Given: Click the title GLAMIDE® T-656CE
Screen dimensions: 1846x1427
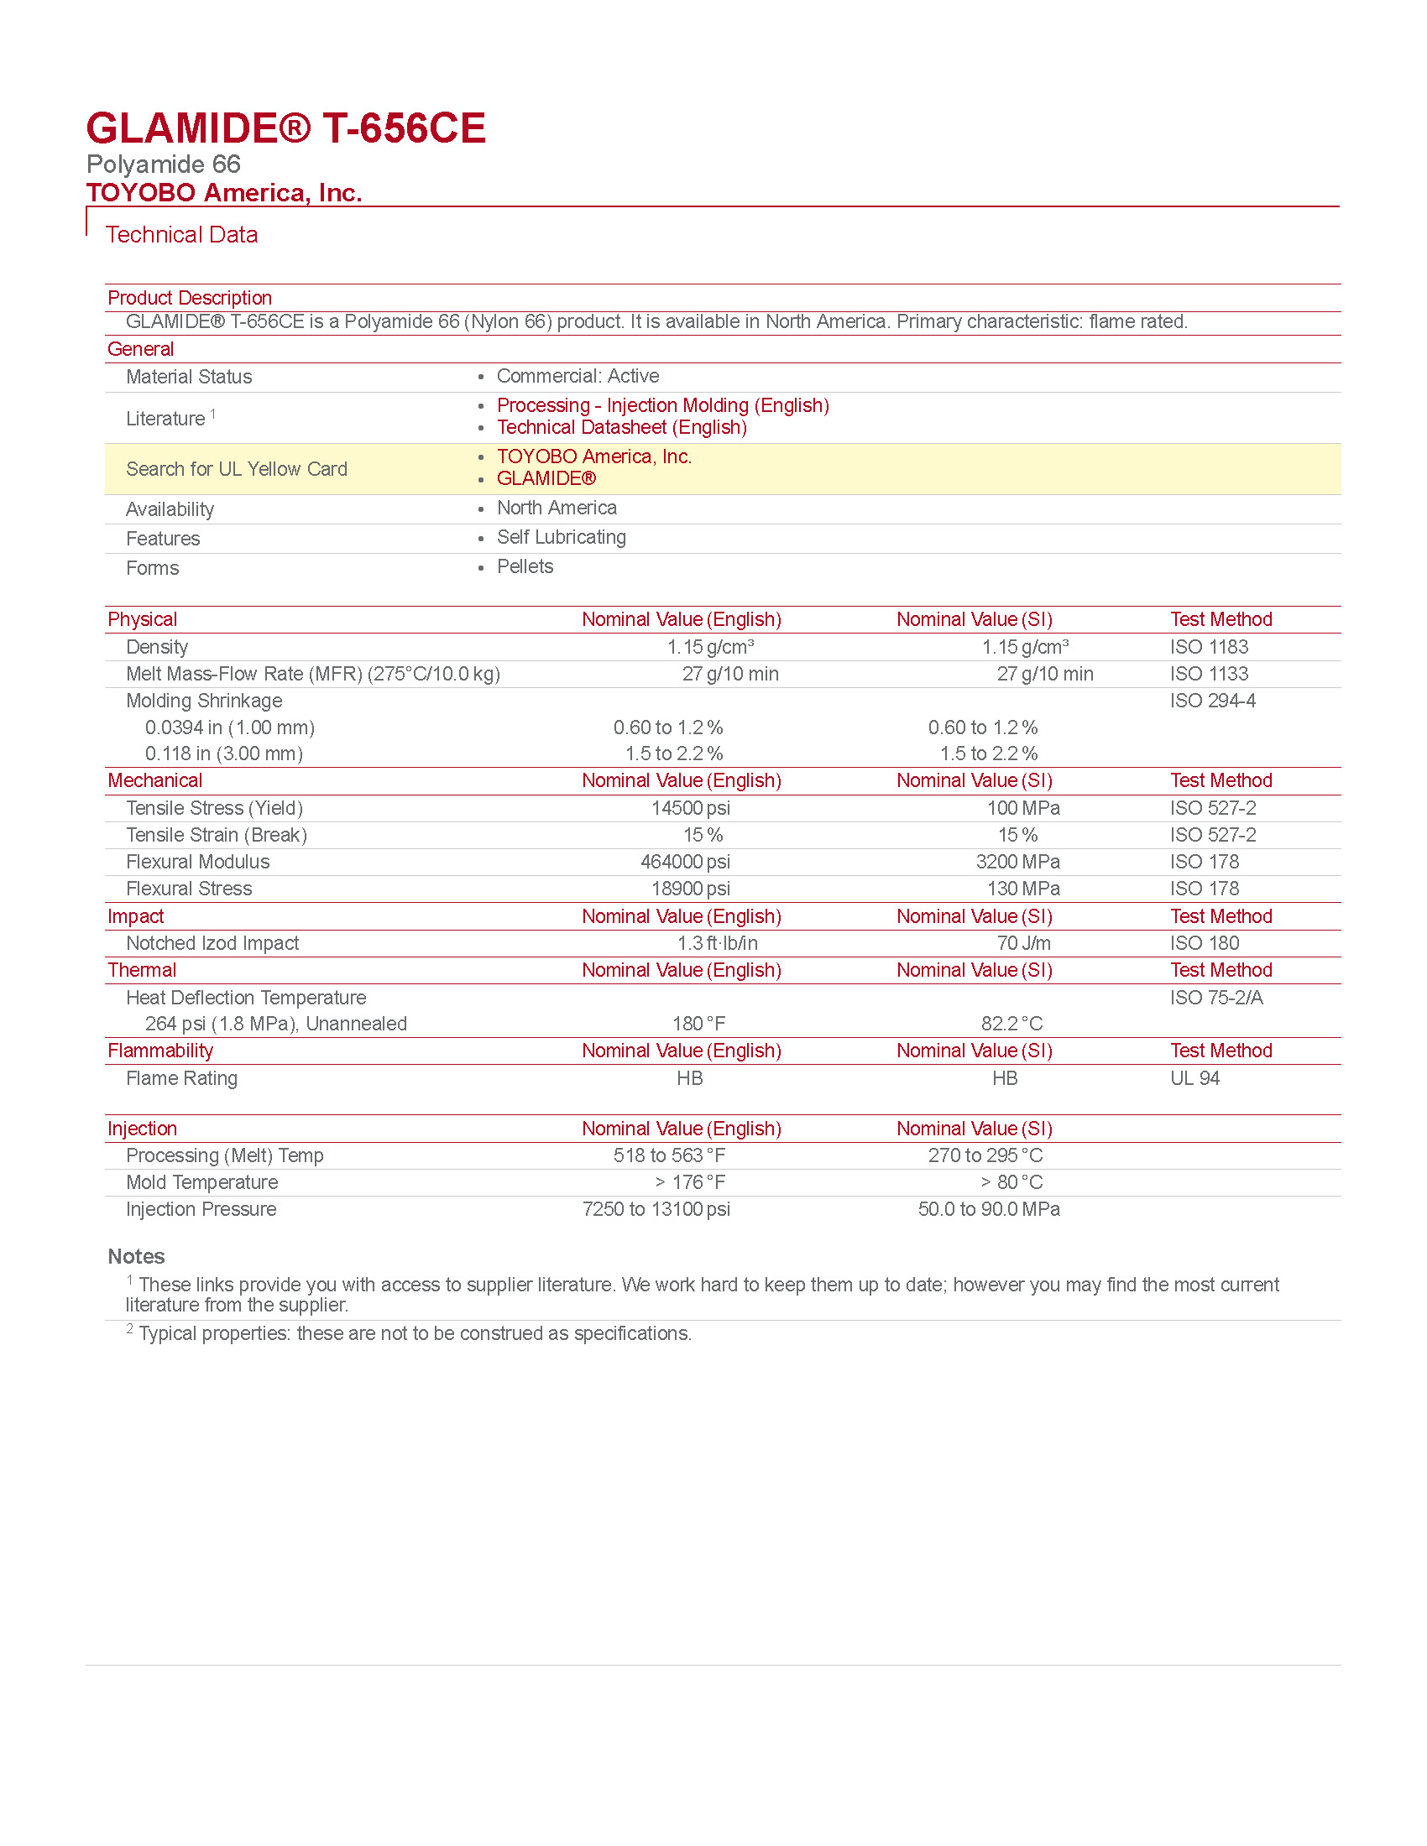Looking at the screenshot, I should (285, 128).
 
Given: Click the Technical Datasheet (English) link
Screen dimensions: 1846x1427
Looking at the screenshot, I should (621, 428).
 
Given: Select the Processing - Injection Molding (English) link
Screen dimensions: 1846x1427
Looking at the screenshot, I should (662, 406).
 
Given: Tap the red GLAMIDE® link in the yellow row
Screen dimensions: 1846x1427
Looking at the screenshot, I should (546, 478).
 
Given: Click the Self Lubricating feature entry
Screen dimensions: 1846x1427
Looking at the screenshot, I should (562, 538).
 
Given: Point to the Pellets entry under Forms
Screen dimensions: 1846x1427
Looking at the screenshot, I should (525, 567).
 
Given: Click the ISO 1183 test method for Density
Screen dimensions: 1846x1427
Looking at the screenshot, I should (1209, 648).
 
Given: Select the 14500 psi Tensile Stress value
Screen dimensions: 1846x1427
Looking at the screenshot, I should (690, 809).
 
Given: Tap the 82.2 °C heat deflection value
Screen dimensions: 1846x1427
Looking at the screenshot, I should (1011, 1025).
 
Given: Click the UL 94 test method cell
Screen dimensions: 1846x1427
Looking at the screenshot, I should (1194, 1078).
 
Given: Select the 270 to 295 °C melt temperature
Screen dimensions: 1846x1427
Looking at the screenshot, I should (985, 1156).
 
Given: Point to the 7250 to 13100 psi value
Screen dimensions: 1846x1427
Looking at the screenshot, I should (656, 1209).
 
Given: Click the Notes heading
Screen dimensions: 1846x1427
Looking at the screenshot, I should (136, 1257).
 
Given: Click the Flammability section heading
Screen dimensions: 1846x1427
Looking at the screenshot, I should (159, 1051).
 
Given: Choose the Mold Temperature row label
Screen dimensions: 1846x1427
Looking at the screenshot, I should (202, 1183).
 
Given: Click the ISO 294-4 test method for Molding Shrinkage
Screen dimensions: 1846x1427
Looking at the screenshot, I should (1212, 701).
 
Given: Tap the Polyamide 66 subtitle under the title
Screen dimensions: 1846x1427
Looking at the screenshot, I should (163, 164).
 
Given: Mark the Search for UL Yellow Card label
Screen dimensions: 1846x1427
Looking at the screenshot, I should (237, 470).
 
